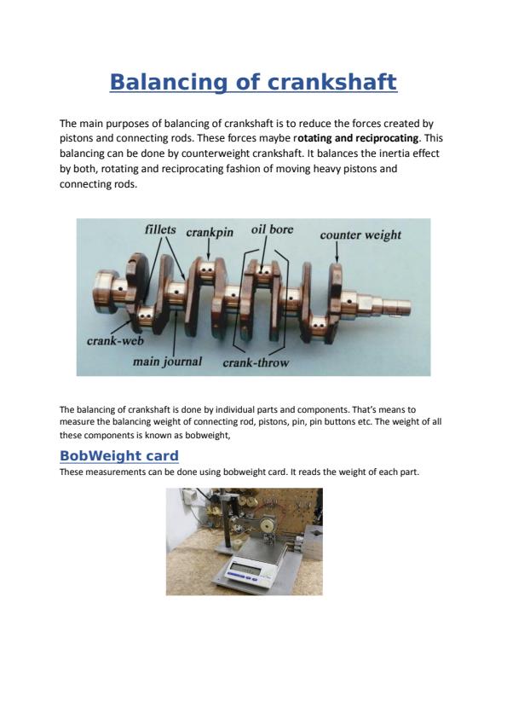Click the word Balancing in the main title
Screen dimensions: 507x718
pos(169,83)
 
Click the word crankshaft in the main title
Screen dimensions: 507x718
pos(331,83)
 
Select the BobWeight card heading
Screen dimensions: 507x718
pos(119,456)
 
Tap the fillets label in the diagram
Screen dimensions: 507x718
pos(160,229)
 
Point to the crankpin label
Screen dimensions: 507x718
pos(210,233)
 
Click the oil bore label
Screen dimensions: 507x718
pos(273,229)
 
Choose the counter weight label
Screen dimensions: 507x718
pos(360,235)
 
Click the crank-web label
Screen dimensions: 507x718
pos(115,341)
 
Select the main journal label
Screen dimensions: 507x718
pos(168,362)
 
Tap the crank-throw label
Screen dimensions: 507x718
pos(256,362)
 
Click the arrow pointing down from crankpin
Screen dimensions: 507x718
pos(209,250)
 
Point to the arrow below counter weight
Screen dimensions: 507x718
pos(337,252)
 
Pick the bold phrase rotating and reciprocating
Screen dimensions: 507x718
pos(357,138)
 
